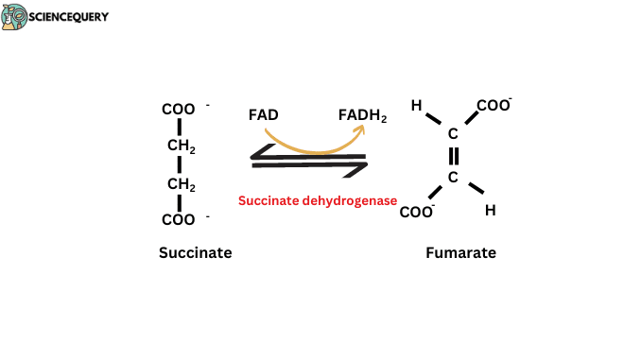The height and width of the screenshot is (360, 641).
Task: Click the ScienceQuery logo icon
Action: [15, 16]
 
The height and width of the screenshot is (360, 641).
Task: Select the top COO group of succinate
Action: [178, 110]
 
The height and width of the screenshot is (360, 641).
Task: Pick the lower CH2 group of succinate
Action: [181, 184]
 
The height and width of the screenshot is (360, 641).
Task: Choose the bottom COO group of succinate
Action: [178, 220]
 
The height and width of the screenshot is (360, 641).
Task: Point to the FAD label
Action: [264, 115]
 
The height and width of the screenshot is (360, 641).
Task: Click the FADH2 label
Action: [363, 116]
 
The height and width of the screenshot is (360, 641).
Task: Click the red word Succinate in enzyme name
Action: [269, 200]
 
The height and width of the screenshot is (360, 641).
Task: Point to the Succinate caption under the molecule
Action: [195, 253]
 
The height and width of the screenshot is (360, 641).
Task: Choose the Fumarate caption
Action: [460, 253]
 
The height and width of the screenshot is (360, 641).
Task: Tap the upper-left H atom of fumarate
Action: [416, 106]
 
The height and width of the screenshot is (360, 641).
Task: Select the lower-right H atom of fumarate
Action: [490, 211]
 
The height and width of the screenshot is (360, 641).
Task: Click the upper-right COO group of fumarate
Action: [493, 106]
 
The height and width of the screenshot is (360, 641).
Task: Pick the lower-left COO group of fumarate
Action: [416, 212]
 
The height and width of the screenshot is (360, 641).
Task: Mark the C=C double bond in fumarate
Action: [453, 155]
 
